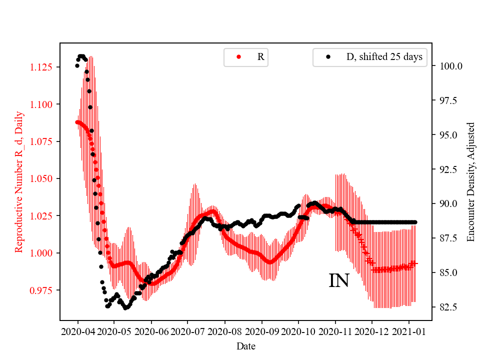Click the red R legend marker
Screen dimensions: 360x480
pos(238,57)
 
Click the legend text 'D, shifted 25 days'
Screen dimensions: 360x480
pos(384,57)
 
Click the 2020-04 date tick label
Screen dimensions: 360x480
pos(77,331)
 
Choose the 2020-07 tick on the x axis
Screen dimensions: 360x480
pos(187,331)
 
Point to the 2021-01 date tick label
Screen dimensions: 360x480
pos(408,331)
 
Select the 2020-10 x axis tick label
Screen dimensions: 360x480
pos(298,331)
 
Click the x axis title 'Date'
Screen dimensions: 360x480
pos(245,346)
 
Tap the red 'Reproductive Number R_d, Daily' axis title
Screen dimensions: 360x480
pos(19,182)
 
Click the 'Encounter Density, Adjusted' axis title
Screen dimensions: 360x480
pos(470,182)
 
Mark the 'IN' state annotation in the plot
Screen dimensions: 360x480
pos(338,281)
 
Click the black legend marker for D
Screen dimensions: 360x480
pos(328,57)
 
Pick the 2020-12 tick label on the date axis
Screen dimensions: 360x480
pos(372,331)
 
